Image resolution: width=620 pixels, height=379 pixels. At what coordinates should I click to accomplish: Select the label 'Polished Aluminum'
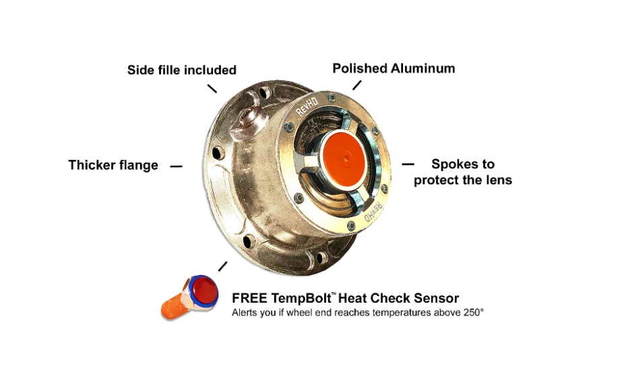[394, 69]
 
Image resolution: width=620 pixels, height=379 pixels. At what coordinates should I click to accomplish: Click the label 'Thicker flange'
[113, 165]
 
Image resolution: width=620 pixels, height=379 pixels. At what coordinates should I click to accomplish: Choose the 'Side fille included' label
[181, 70]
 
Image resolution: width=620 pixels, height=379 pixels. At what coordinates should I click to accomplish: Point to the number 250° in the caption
[472, 313]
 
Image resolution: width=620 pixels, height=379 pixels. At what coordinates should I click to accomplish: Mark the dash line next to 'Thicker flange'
[176, 166]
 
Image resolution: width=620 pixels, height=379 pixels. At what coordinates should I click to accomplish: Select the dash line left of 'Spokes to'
[408, 163]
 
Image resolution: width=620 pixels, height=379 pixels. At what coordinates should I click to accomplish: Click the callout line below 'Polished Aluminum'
[356, 85]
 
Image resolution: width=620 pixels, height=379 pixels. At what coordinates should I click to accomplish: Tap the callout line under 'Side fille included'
[212, 88]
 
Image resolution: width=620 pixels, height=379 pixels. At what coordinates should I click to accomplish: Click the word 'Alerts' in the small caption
[245, 313]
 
